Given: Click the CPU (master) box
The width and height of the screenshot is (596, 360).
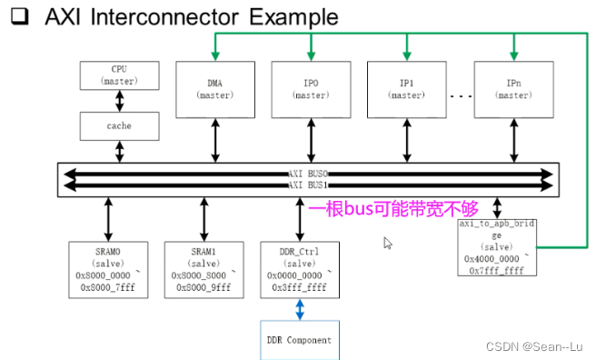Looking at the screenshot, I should (119, 75).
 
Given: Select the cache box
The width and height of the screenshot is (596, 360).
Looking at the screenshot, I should (119, 125).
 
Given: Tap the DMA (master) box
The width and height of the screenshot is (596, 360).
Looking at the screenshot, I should (214, 89).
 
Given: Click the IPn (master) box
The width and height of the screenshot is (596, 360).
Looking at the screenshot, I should (513, 89).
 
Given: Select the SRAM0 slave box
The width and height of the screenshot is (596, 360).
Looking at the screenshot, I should (105, 268).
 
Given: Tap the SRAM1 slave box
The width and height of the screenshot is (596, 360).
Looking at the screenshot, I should (202, 268).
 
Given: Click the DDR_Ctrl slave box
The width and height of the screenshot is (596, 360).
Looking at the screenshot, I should (300, 268).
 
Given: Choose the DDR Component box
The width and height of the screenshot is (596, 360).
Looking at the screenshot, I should (299, 340).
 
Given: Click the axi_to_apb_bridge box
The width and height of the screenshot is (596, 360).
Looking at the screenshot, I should (497, 245).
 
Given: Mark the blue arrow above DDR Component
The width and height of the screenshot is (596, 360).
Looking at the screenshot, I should (300, 308).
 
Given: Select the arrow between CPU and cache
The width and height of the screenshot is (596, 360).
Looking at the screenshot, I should (119, 101).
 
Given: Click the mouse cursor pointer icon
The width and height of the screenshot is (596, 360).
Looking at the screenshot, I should (388, 244).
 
